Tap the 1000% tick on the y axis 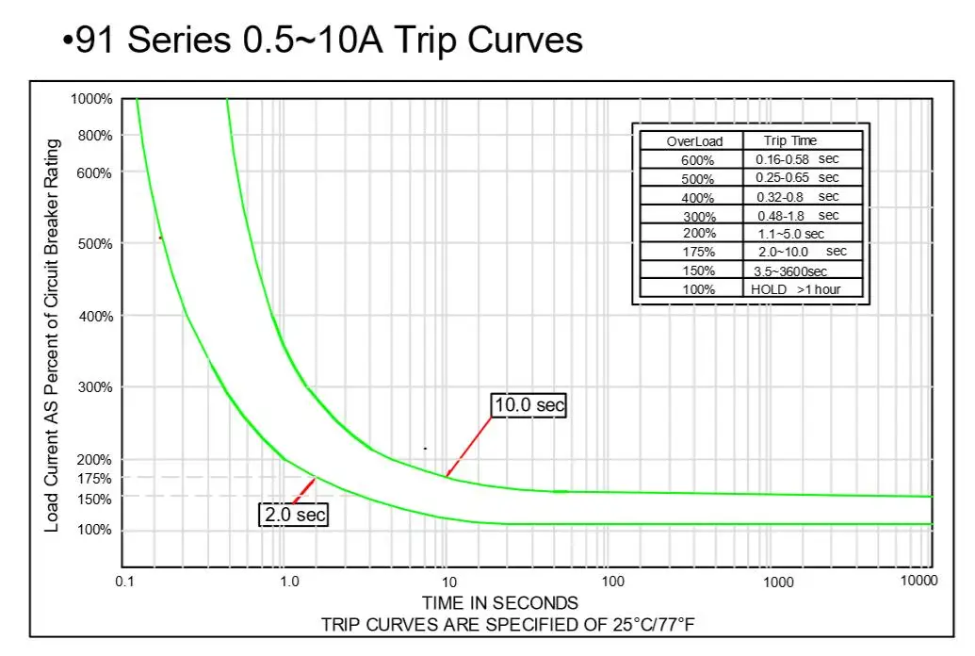click(91, 99)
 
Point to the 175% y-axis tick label click(94, 479)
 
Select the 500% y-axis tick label click(94, 244)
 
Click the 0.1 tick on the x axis click(124, 582)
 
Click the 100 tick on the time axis click(612, 582)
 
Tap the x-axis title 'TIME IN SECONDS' click(500, 603)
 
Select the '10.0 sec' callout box click(529, 405)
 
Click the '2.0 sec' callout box click(294, 515)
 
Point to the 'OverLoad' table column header click(694, 141)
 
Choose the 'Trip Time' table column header click(790, 140)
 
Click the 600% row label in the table click(698, 160)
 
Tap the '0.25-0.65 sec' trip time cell click(797, 178)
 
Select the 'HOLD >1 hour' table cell click(796, 289)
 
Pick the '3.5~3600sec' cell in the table click(790, 271)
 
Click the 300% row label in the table click(698, 216)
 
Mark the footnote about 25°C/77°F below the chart click(512, 624)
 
